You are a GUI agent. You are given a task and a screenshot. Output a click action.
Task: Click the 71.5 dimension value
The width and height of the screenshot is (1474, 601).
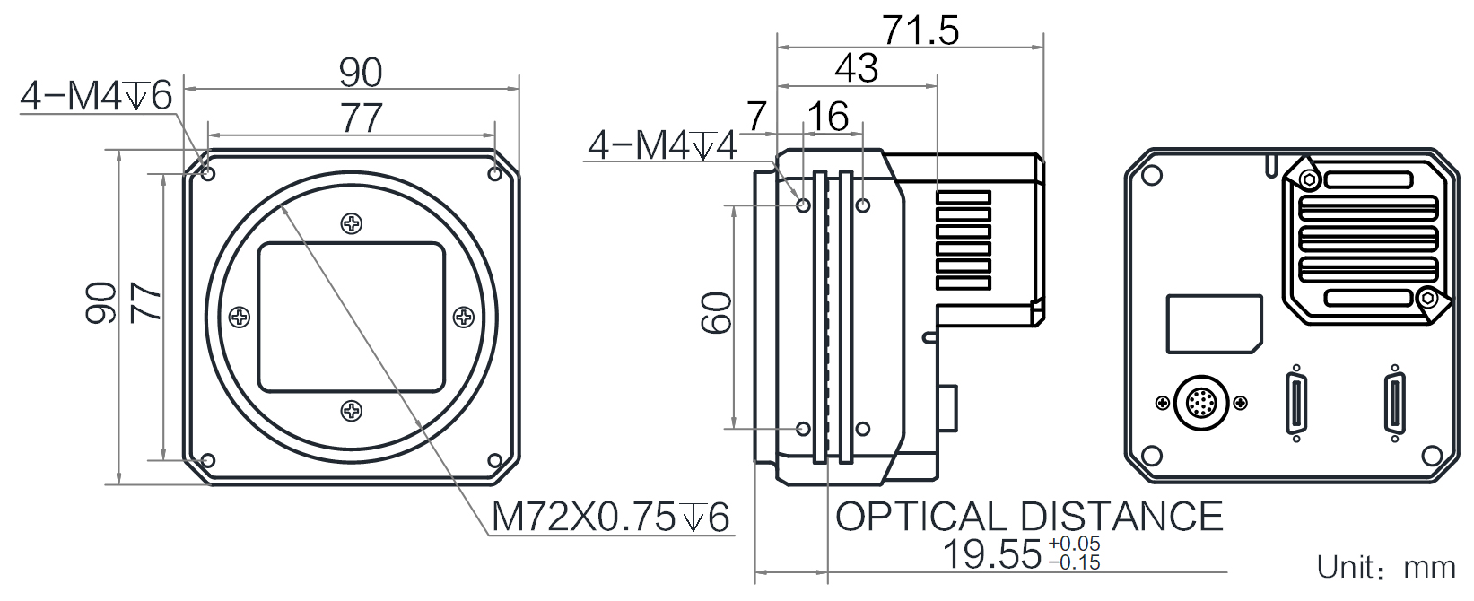coord(920,30)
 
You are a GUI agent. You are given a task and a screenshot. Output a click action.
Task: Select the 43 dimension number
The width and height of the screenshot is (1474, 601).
coord(856,68)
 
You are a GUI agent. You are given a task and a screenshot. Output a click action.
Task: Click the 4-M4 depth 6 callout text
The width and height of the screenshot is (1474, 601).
coord(96,96)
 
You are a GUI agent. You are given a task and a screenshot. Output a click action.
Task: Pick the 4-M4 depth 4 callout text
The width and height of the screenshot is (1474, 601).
coord(662,145)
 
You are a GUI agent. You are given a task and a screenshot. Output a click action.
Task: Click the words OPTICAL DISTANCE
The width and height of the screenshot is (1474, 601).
coord(1028,516)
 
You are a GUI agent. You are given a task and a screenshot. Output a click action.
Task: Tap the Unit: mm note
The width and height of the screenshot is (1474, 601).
coord(1385,568)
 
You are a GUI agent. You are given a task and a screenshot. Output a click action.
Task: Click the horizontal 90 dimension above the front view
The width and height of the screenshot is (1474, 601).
coord(360,73)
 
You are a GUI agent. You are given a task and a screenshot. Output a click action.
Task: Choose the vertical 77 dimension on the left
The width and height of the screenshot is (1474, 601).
coord(145,302)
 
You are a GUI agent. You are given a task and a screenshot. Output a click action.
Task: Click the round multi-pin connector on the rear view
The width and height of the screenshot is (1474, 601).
coord(1201,402)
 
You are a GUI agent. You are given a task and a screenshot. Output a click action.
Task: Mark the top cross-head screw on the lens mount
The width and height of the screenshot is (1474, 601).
coord(352,223)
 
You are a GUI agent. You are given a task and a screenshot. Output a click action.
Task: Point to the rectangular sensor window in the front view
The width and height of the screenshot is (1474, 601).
coord(352,318)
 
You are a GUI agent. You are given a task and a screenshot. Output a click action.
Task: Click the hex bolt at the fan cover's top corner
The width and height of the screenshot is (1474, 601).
coord(1310,179)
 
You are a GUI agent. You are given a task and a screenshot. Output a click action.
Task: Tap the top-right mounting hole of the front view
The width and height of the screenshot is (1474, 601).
coord(495,174)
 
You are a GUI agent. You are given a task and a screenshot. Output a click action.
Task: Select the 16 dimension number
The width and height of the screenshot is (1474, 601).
coord(827,117)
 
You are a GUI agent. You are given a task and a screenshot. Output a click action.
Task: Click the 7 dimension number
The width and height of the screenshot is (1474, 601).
coord(757,117)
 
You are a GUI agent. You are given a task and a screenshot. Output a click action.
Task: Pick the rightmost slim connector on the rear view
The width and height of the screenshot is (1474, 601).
coord(1394,402)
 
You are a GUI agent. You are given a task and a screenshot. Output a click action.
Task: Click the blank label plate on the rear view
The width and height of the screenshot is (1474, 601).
coord(1214,324)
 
